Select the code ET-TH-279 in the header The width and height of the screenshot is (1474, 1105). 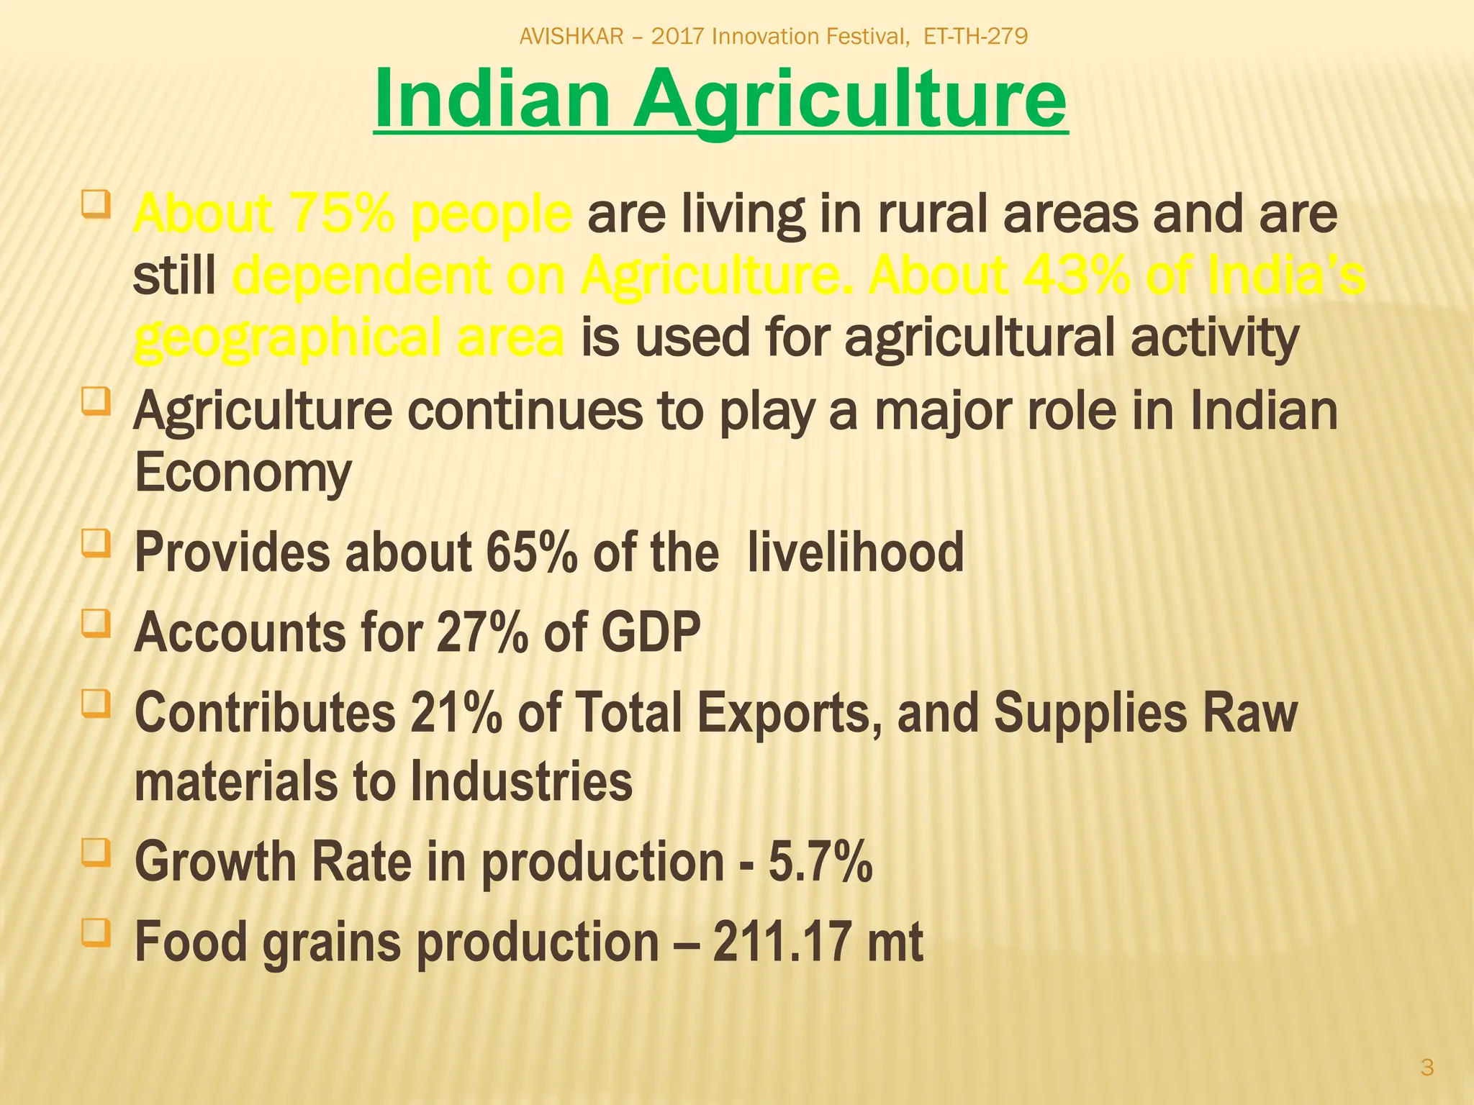tap(975, 36)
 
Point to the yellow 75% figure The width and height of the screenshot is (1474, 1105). tap(340, 214)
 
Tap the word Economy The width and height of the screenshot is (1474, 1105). tap(243, 473)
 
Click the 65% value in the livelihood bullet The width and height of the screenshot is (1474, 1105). tap(531, 552)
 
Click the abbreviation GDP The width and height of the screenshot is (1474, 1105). tap(650, 632)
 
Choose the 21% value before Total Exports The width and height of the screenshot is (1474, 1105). tap(456, 713)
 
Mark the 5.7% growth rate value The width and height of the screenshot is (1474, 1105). tap(820, 862)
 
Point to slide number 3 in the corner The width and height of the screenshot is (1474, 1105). tap(1427, 1068)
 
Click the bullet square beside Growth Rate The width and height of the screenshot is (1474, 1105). tap(96, 853)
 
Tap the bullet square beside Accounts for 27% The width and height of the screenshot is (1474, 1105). tap(96, 624)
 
